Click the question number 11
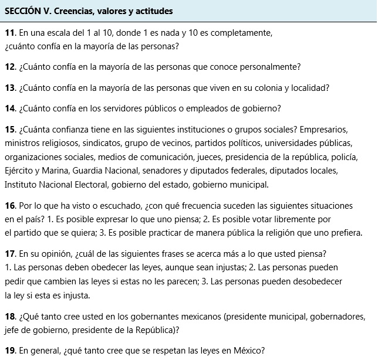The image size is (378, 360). (9, 33)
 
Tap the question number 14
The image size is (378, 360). (10, 108)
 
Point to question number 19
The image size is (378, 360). (10, 352)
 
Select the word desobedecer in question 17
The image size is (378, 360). (316, 281)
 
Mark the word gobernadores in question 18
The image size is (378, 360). (339, 317)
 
